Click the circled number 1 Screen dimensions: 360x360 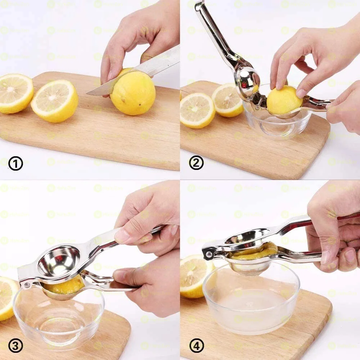15,164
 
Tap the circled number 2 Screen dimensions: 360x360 196,163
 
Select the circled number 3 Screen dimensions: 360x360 15,346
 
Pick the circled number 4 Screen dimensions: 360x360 196,346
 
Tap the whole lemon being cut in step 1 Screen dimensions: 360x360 133,93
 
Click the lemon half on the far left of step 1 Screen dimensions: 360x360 15,93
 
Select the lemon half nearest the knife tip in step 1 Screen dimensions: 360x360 55,101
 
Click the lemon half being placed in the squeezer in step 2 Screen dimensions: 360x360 284,101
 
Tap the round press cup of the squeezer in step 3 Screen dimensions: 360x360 59,261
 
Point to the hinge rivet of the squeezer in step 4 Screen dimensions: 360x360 208,255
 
